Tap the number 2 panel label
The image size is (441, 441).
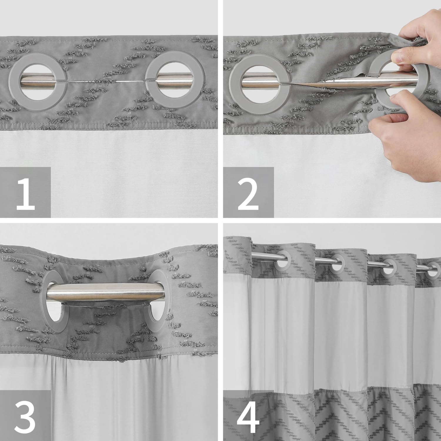[x=248, y=193]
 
